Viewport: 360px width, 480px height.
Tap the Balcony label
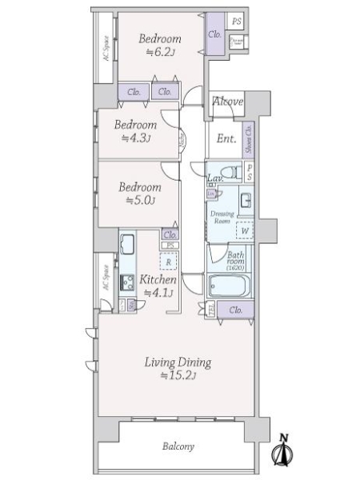point(177,446)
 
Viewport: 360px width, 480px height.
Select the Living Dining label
point(178,362)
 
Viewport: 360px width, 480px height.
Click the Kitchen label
point(158,280)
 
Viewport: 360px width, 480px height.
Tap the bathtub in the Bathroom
point(230,287)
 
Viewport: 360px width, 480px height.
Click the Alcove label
point(227,101)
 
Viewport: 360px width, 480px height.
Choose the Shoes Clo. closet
point(249,138)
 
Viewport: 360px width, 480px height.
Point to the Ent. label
point(226,138)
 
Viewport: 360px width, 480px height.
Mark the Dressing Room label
point(222,217)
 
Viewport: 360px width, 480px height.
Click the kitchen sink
point(127,245)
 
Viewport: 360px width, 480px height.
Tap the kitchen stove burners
point(126,282)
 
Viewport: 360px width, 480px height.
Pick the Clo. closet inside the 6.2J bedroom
point(214,34)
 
